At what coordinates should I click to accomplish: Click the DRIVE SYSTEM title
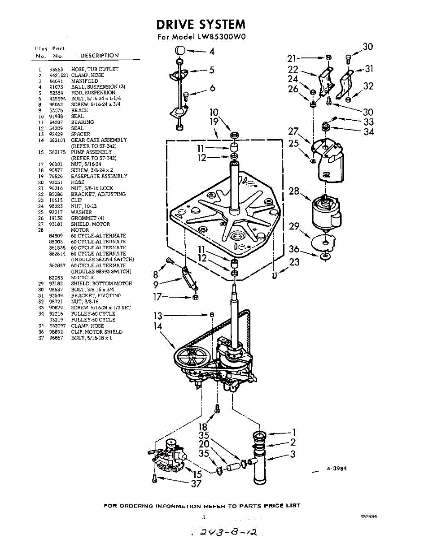click(x=201, y=24)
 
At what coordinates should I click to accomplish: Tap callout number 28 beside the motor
click(x=294, y=191)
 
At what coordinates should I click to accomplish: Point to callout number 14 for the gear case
click(x=157, y=326)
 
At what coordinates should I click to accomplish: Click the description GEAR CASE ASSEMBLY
click(x=99, y=140)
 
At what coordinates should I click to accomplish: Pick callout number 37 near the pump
click(x=197, y=484)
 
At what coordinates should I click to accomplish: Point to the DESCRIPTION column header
click(x=100, y=56)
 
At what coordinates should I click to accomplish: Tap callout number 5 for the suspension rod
click(x=211, y=69)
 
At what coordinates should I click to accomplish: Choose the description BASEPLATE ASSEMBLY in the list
click(x=99, y=176)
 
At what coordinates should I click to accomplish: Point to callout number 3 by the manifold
click(x=293, y=454)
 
